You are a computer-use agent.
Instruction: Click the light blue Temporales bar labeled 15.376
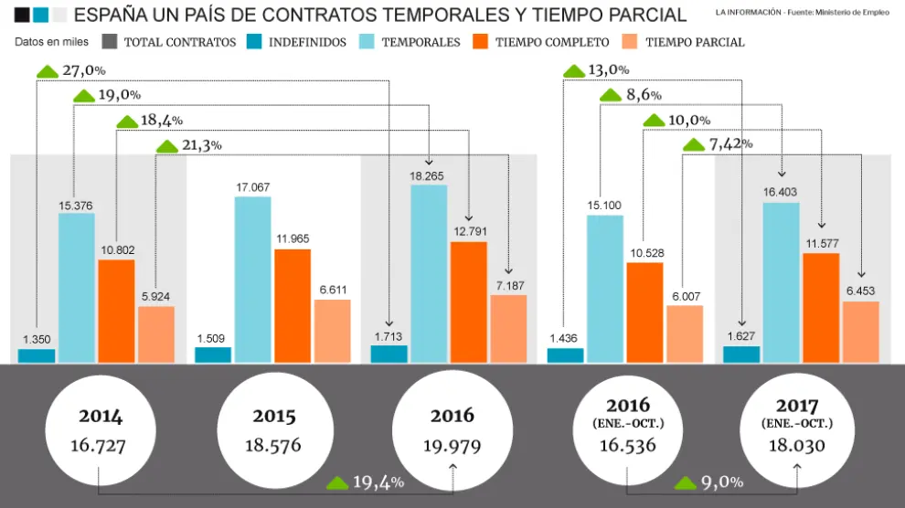click(77, 288)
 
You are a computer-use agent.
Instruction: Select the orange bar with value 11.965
click(293, 306)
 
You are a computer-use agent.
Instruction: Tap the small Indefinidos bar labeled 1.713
click(389, 354)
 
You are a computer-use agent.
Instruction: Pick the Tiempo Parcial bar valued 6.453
click(860, 332)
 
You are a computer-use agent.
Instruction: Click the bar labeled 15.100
click(605, 289)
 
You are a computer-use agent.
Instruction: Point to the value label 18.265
click(430, 175)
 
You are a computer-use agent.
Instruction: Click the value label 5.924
click(156, 296)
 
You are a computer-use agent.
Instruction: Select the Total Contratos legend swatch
click(109, 42)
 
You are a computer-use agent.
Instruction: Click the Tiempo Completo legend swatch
click(480, 42)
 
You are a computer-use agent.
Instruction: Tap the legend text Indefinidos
click(307, 43)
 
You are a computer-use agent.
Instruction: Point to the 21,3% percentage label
click(202, 145)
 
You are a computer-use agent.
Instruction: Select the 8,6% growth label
click(644, 95)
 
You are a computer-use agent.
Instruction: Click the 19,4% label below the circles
click(378, 482)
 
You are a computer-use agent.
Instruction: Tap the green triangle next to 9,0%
click(686, 482)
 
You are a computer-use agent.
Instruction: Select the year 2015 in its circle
click(274, 417)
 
